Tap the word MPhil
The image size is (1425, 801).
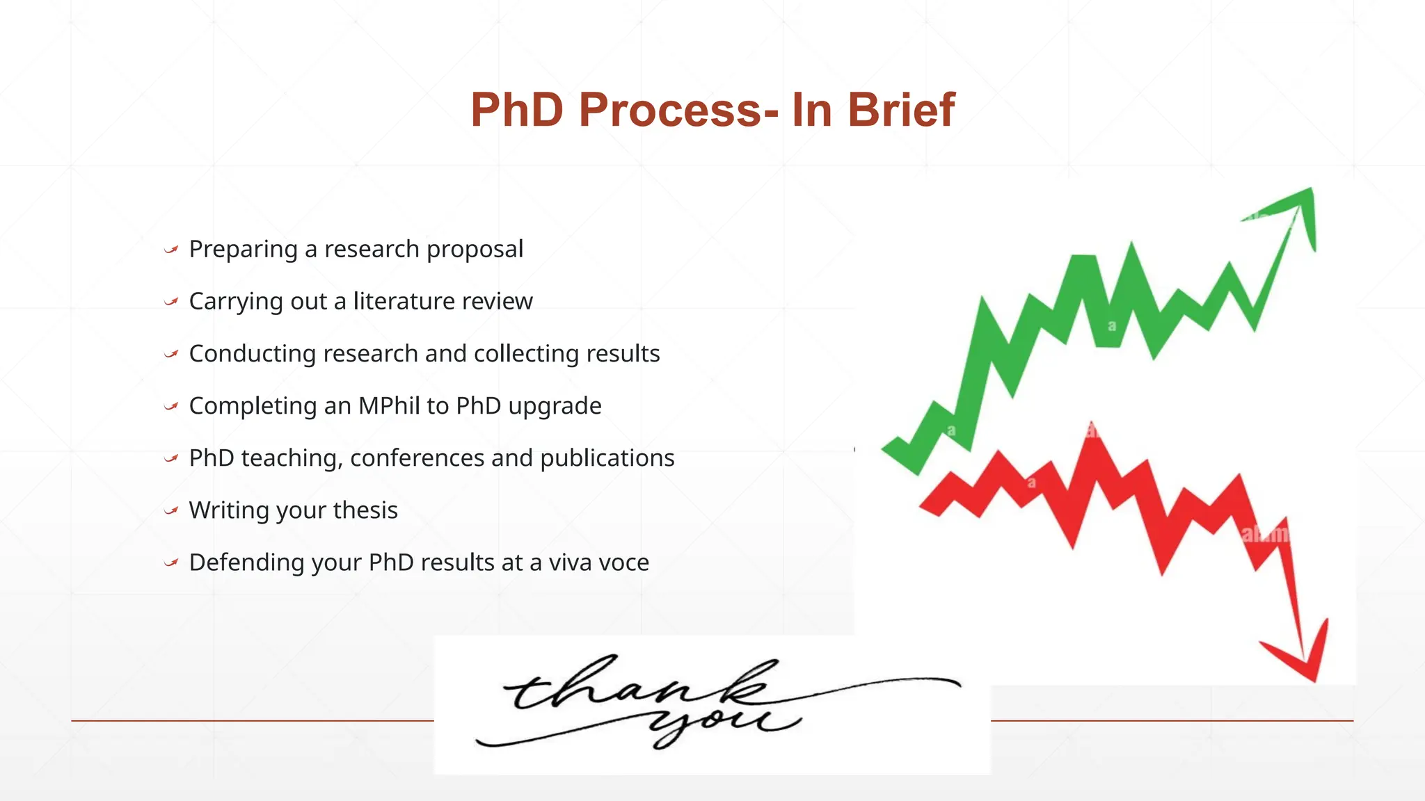click(x=389, y=405)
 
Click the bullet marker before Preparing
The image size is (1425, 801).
click(x=171, y=249)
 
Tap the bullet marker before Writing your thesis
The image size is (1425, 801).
click(x=171, y=510)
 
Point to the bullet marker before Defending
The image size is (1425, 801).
click(x=171, y=563)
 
